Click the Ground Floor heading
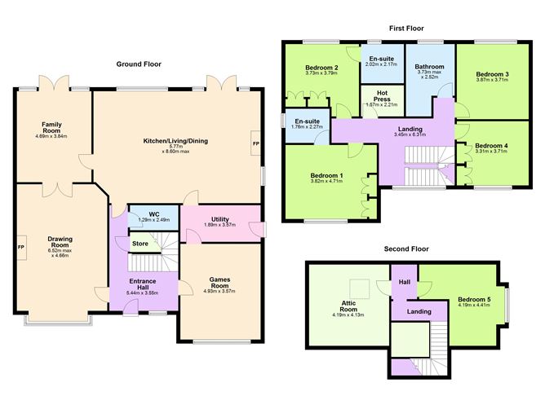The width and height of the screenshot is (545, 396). (x=138, y=64)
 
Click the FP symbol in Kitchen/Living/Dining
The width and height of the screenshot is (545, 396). (x=255, y=143)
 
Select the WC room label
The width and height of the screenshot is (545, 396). (x=153, y=214)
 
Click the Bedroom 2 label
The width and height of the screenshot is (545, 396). (x=321, y=68)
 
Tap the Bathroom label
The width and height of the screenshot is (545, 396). (x=429, y=67)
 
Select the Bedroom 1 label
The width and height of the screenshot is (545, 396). (x=326, y=175)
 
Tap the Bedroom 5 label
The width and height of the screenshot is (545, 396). (x=473, y=299)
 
